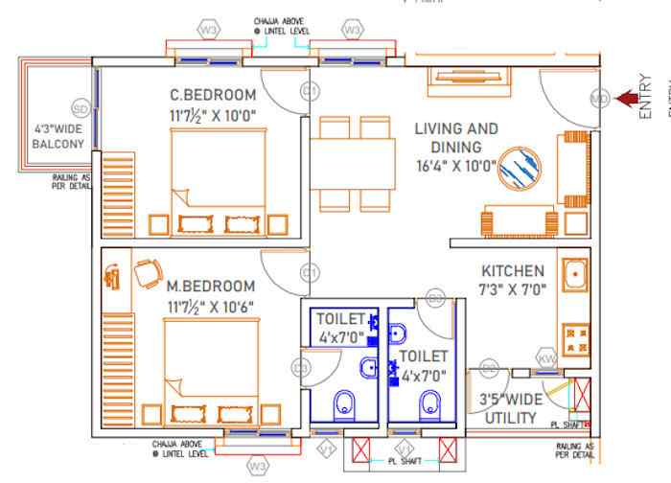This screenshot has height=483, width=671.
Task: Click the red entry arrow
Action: click(627, 97)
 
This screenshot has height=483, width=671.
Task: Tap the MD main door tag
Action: click(599, 98)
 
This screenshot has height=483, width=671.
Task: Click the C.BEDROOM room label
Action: click(213, 96)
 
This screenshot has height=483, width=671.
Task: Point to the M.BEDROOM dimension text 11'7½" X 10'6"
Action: click(211, 306)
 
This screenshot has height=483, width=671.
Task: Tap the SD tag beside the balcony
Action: click(81, 107)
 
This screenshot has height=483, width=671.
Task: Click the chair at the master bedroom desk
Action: click(148, 275)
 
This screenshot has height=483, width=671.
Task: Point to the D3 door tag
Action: click(300, 367)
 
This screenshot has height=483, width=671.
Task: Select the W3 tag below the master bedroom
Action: click(256, 466)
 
